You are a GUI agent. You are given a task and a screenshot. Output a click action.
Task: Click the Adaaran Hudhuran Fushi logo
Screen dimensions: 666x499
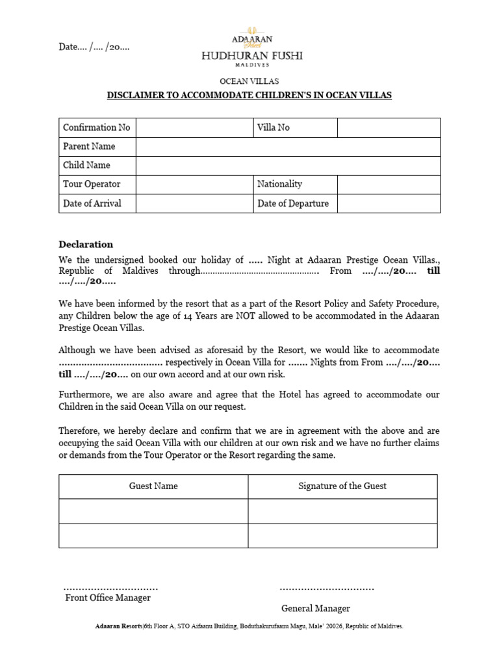pos(251,47)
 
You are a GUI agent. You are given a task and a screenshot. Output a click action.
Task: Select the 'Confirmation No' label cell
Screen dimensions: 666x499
pos(97,127)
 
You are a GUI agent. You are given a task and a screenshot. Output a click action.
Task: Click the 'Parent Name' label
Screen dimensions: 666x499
pos(89,146)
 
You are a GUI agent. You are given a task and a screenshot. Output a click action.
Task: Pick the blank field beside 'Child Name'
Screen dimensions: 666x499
pos(288,165)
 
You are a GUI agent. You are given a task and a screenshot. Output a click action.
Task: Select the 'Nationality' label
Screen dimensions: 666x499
pos(279,184)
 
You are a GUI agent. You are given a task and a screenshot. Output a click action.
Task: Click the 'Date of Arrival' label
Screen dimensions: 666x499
pos(92,203)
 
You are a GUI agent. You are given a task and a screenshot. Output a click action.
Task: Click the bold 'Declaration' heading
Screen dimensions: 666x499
pos(86,245)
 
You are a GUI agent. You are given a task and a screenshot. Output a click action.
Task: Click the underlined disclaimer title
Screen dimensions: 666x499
pos(249,96)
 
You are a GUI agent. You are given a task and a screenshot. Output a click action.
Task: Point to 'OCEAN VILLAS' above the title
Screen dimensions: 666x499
pos(249,81)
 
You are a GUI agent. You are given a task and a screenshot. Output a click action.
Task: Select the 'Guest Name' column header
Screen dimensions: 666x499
pos(153,486)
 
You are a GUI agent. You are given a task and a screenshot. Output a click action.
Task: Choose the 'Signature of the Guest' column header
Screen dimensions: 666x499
pos(342,486)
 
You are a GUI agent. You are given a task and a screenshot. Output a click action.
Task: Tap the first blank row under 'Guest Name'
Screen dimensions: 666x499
pos(153,511)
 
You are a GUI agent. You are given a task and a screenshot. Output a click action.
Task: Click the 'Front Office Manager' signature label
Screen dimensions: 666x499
pos(108,598)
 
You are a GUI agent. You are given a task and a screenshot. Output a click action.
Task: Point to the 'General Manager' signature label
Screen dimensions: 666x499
pos(316,608)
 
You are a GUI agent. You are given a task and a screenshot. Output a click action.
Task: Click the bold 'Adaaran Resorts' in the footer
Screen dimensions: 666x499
pos(118,626)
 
